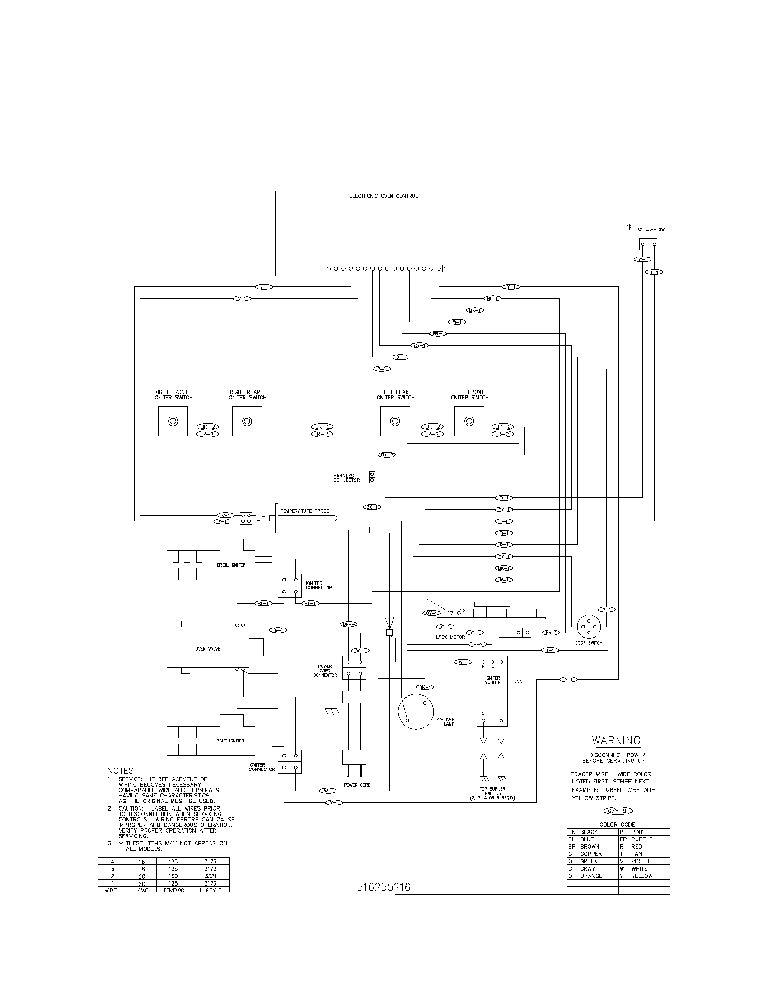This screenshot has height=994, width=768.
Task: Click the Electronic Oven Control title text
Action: (383, 196)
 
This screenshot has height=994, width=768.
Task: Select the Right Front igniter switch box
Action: (173, 421)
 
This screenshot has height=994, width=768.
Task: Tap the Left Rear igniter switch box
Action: (395, 421)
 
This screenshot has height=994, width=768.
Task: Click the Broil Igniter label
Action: (231, 565)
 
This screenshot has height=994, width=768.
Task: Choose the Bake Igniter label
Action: (230, 741)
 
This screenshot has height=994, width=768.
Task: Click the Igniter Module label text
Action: (492, 680)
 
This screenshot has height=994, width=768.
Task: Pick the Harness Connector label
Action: (346, 478)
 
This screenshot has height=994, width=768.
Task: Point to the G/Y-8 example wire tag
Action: (618, 811)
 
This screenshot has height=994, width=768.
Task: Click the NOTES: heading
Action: (121, 770)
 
